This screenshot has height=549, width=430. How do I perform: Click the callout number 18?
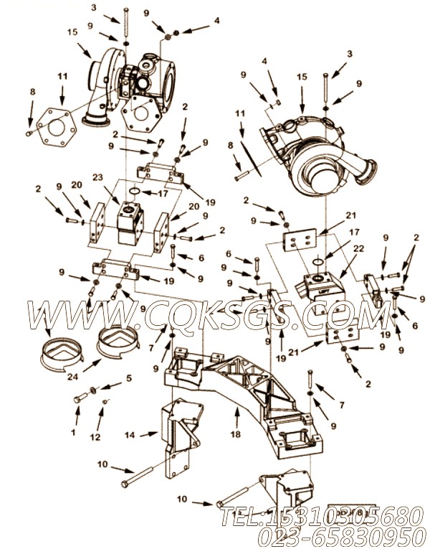pyautogui.click(x=235, y=434)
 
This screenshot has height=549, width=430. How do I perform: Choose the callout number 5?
pyautogui.click(x=129, y=377)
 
